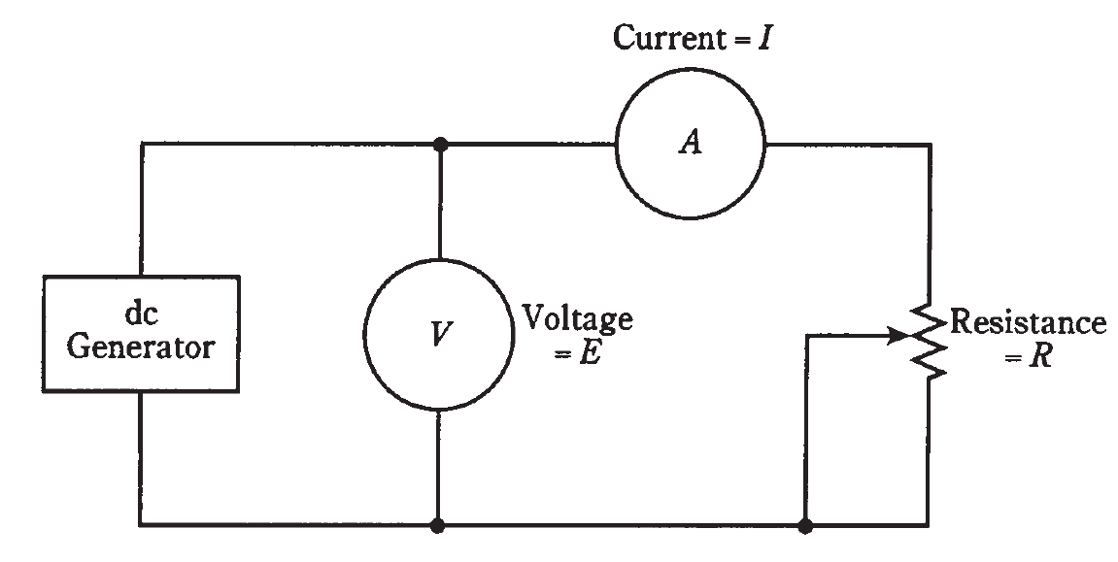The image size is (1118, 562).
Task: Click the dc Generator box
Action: [x=141, y=333]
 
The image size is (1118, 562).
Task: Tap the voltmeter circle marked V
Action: [x=439, y=334]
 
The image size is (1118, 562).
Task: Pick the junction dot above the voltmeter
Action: [x=440, y=144]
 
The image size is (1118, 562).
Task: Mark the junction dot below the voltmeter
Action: [x=439, y=525]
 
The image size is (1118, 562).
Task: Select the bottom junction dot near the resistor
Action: [x=805, y=525]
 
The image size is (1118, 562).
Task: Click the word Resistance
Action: [x=1028, y=322]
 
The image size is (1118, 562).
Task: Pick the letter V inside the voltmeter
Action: [x=439, y=335]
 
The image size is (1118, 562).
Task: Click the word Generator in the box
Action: [x=141, y=347]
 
